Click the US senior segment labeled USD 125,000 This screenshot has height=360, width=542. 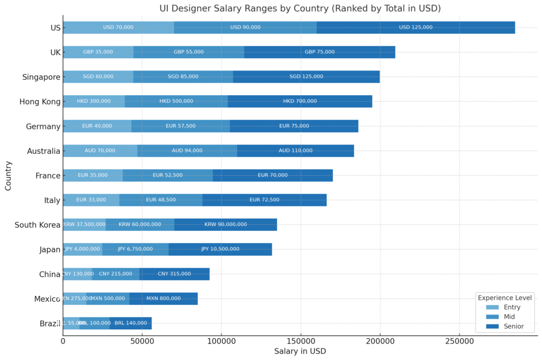click(415, 28)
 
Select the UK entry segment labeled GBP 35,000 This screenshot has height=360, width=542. click(98, 52)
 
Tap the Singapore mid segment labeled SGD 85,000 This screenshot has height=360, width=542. click(183, 77)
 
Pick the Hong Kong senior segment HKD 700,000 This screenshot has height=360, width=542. click(300, 101)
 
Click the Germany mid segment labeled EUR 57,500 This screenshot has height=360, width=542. click(180, 126)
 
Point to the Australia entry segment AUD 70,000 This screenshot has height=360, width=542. click(100, 150)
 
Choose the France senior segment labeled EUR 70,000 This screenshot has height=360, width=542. click(273, 175)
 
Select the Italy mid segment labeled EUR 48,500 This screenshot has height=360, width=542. click(161, 200)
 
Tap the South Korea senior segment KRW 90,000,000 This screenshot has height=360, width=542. click(225, 224)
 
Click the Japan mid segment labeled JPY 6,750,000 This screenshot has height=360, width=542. click(135, 249)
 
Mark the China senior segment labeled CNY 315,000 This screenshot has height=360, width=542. click(174, 274)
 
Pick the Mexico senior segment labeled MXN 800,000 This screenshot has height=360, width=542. click(163, 299)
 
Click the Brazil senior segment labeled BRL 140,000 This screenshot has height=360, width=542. click(131, 323)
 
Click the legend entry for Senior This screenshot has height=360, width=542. click(513, 326)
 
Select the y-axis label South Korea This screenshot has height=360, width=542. click(38, 224)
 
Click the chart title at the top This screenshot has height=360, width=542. click(300, 8)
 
